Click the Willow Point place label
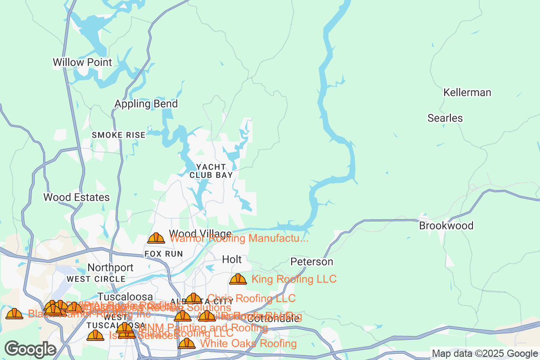pyautogui.click(x=82, y=62)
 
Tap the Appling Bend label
pyautogui.click(x=146, y=104)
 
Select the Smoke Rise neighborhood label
pyautogui.click(x=119, y=135)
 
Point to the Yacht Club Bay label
pyautogui.click(x=211, y=171)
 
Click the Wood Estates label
pyautogui.click(x=76, y=197)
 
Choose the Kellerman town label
pyautogui.click(x=467, y=93)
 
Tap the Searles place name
pyautogui.click(x=445, y=118)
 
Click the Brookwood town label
pyautogui.click(x=446, y=225)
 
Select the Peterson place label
pyautogui.click(x=312, y=261)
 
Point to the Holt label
pyautogui.click(x=232, y=260)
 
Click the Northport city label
pyautogui.click(x=110, y=268)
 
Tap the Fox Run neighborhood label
pyautogui.click(x=164, y=254)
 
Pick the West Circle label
pyautogui.click(x=96, y=279)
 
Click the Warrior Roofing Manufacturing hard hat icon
pyautogui.click(x=156, y=238)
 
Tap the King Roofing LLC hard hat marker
pyautogui.click(x=238, y=279)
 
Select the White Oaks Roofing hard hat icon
pyautogui.click(x=187, y=344)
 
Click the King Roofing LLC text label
pyautogui.click(x=294, y=279)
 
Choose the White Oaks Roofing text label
pyautogui.click(x=248, y=344)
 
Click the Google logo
pyautogui.click(x=31, y=349)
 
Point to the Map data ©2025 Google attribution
pyautogui.click(x=485, y=353)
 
